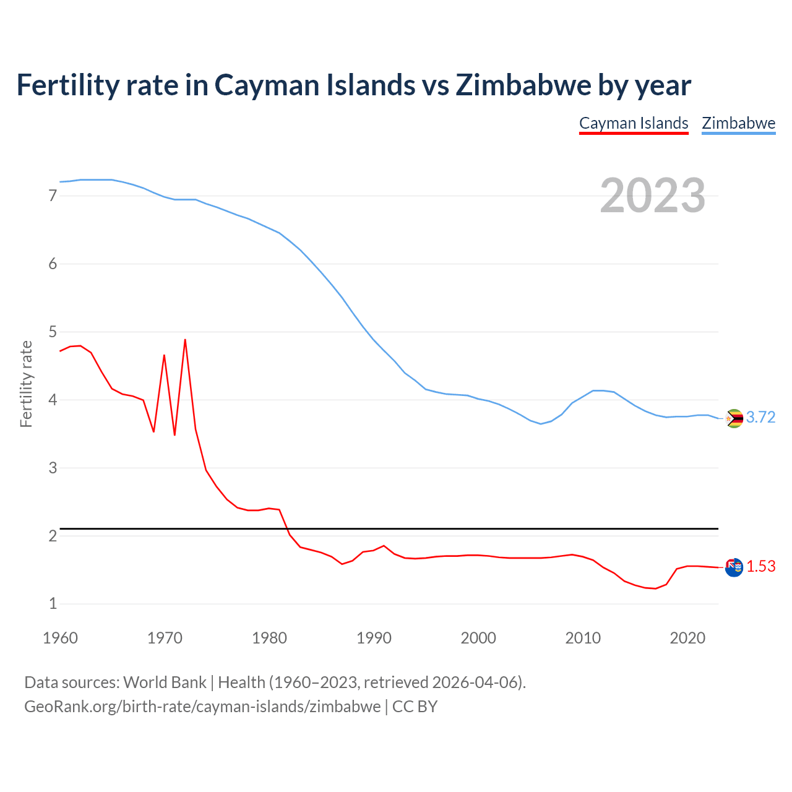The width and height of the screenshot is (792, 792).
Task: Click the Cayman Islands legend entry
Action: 634,123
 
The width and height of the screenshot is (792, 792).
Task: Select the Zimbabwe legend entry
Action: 738,123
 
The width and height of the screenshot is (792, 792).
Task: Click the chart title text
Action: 353,85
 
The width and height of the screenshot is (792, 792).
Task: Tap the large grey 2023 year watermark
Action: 653,196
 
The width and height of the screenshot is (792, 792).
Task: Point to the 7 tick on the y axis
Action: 53,196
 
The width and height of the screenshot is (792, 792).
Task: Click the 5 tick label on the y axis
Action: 53,332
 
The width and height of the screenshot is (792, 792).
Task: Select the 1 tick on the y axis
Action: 53,604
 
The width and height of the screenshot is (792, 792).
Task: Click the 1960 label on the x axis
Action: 60,638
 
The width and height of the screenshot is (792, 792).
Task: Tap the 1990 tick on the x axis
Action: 374,638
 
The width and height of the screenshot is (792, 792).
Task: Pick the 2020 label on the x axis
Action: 687,638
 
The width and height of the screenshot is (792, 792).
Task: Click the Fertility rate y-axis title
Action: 26,384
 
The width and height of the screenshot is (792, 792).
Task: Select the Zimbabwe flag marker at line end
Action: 734,419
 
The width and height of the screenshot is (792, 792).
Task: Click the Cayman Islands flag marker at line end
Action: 734,567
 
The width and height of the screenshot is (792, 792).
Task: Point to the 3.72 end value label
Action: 760,418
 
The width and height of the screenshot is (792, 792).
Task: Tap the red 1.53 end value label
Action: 760,567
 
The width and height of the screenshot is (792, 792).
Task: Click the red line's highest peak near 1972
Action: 185,340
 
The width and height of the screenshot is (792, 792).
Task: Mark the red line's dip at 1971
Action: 174,434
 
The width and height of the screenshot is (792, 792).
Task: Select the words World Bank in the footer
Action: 165,682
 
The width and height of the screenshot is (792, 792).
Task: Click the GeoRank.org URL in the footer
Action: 202,707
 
